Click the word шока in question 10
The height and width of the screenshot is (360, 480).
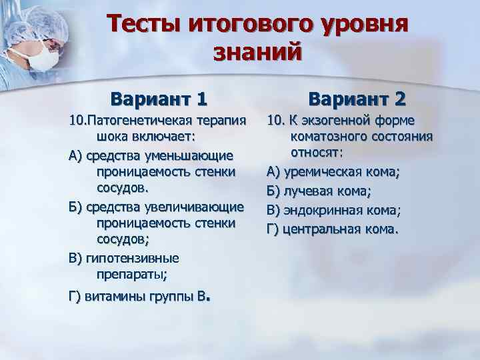[x=115, y=137]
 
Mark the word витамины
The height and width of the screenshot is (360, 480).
[x=111, y=297]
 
